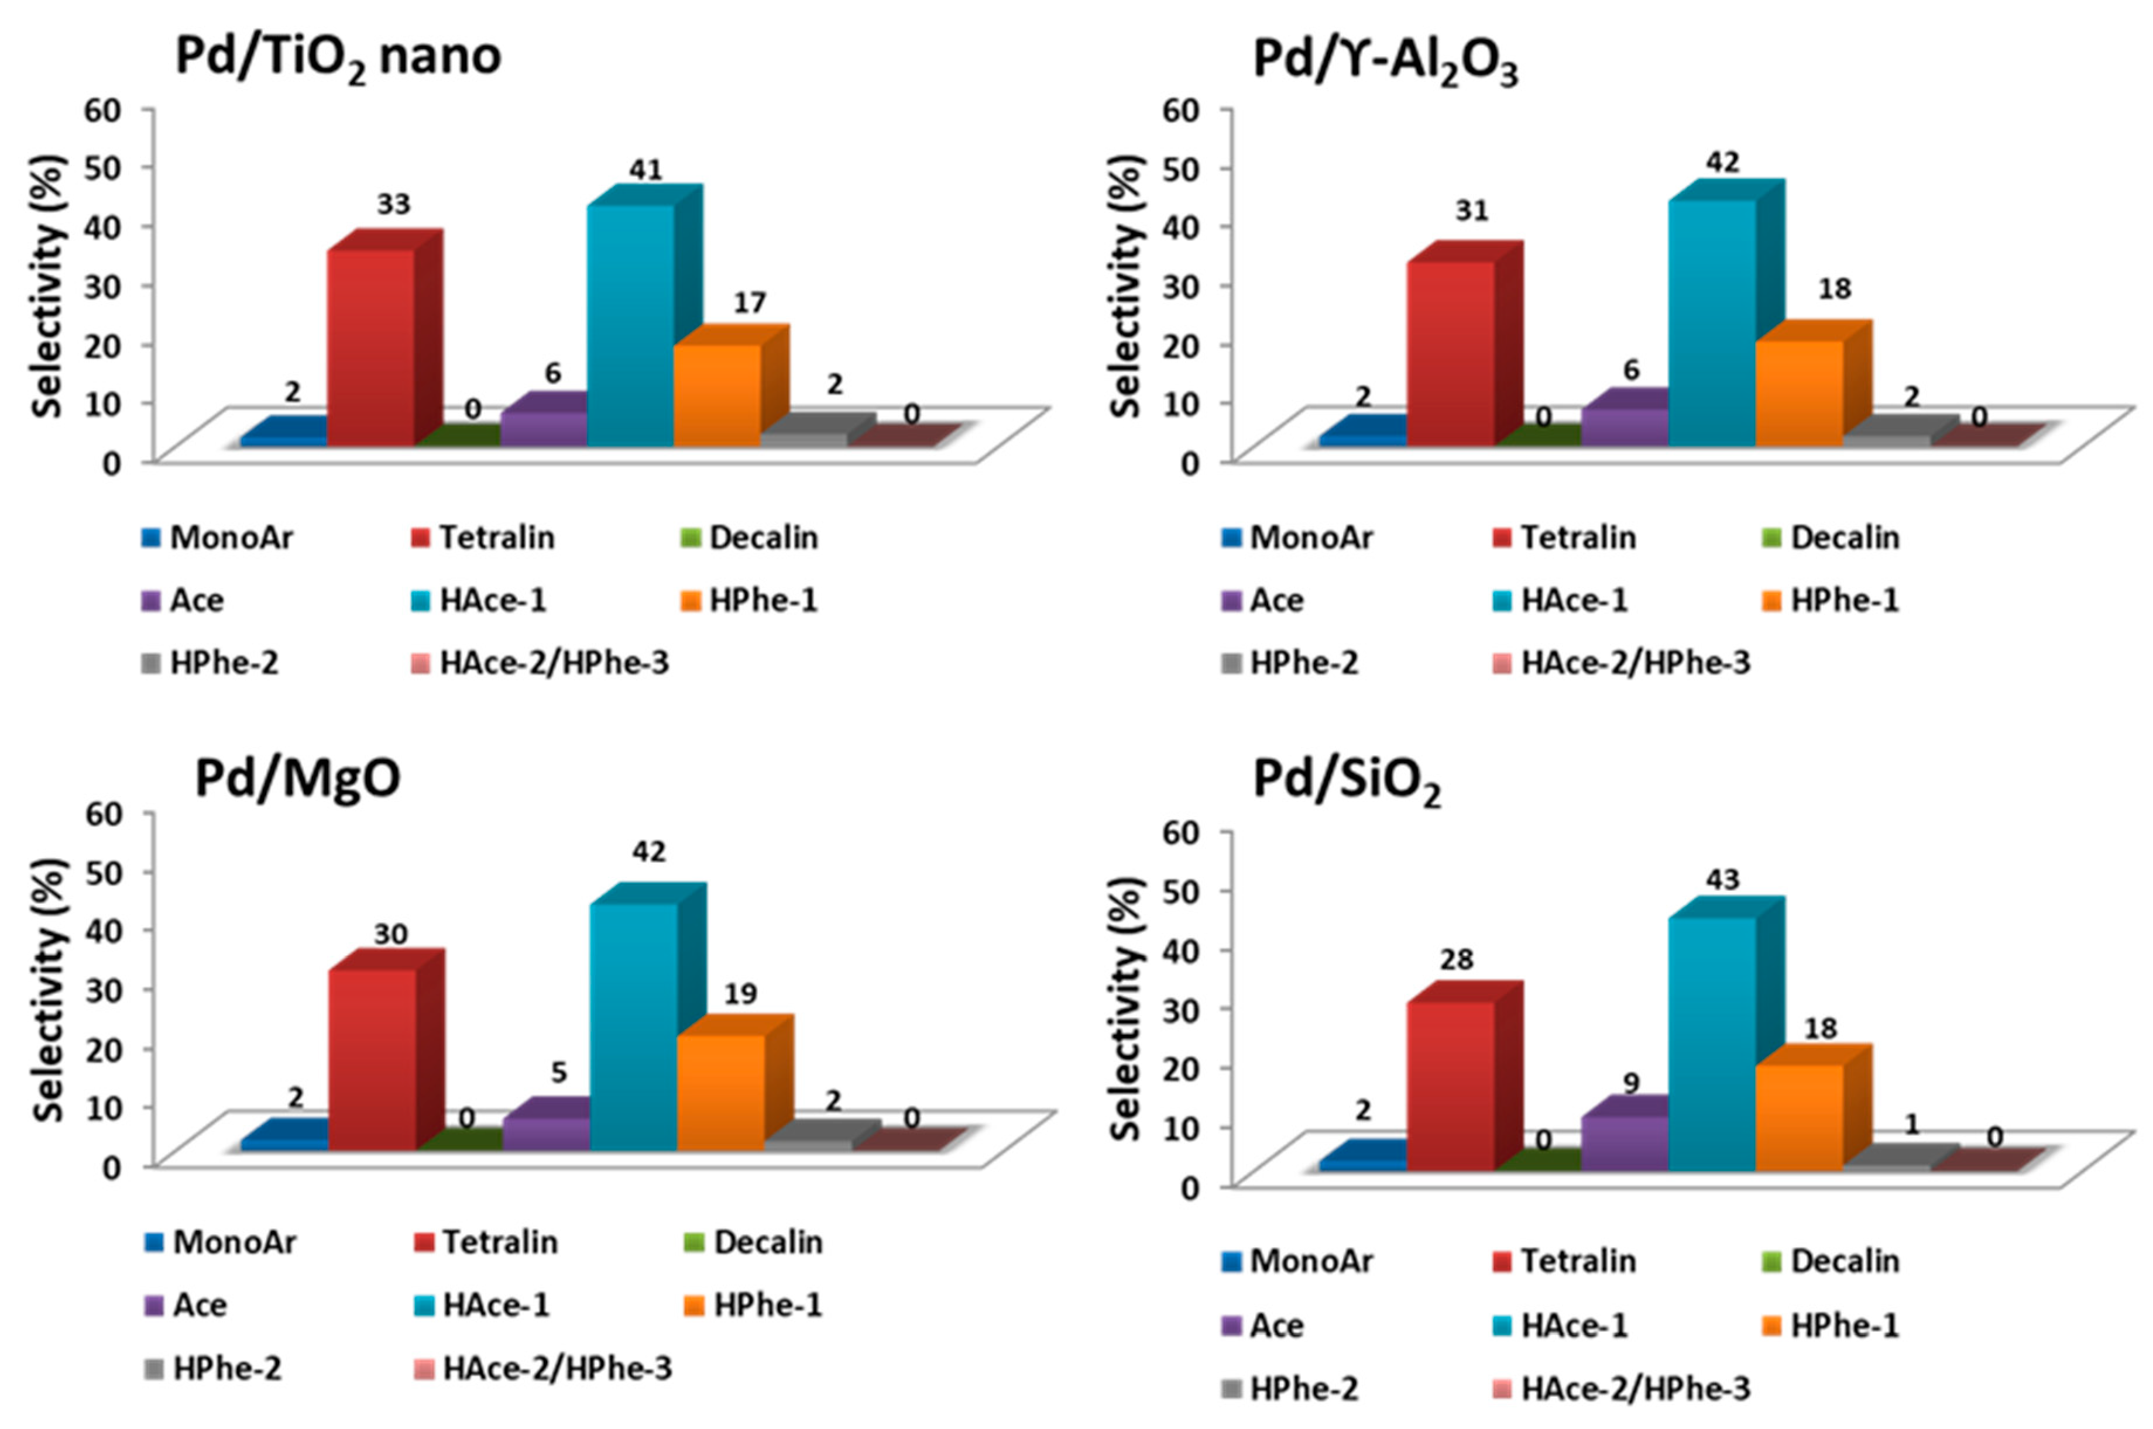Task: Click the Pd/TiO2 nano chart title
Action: coord(337,57)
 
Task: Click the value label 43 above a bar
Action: coord(1722,880)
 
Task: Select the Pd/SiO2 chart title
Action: coord(1347,781)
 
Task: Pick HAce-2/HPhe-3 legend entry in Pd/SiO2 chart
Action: coord(1635,1389)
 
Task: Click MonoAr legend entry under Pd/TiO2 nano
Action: coord(230,538)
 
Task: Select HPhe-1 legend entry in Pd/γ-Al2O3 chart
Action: coord(1843,601)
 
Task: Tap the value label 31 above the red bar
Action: coord(1471,211)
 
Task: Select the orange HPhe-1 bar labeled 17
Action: coord(716,395)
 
